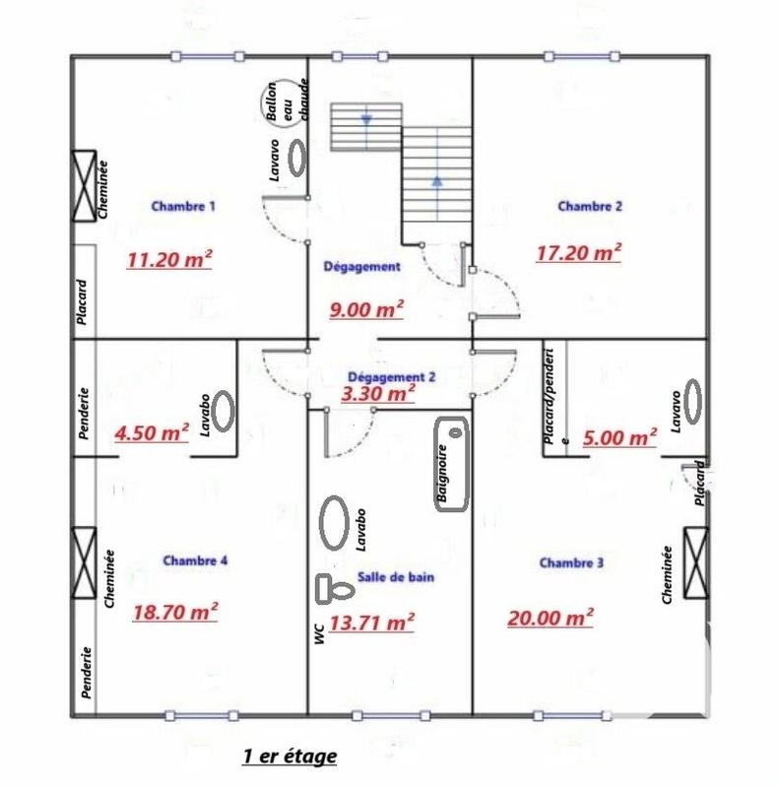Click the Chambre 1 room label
pos(183,207)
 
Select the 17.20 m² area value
pos(578,252)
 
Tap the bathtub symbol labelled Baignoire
pos(452,464)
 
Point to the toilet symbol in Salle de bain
pos(334,589)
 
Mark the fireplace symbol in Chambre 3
pos(695,563)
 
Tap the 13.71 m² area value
pos(371,622)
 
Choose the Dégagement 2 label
pos(392,376)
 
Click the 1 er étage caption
pos(290,756)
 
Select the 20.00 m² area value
pos(551,618)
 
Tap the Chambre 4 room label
pos(196,560)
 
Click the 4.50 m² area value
pos(152,433)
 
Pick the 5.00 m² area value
pos(620,437)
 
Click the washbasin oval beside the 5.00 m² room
pos(694,402)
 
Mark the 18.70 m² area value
pos(174,612)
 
